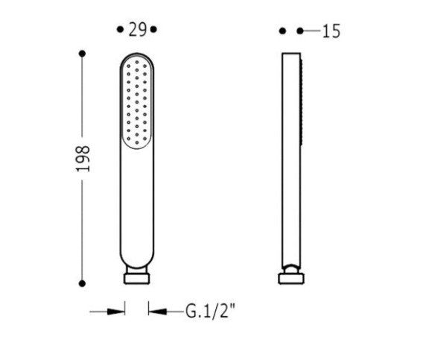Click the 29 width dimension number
click(x=138, y=30)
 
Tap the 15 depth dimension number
click(x=331, y=31)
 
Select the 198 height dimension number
click(x=83, y=159)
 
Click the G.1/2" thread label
click(x=211, y=311)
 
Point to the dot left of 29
click(x=120, y=29)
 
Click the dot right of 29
click(x=153, y=29)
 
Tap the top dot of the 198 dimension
click(x=82, y=54)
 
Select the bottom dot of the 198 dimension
click(x=82, y=283)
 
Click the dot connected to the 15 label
click(x=300, y=31)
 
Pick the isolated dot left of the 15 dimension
click(x=282, y=31)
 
